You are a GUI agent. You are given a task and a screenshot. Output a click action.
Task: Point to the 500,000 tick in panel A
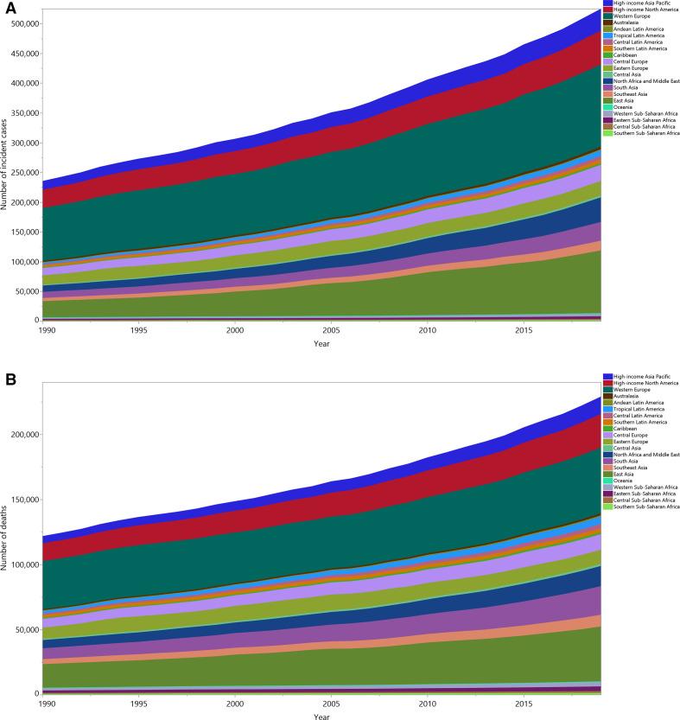[21, 23]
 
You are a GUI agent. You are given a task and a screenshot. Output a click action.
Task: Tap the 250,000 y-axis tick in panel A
[21, 172]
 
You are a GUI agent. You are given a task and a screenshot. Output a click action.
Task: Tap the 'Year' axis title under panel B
[321, 717]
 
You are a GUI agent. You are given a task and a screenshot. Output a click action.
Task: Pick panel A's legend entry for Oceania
[628, 107]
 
